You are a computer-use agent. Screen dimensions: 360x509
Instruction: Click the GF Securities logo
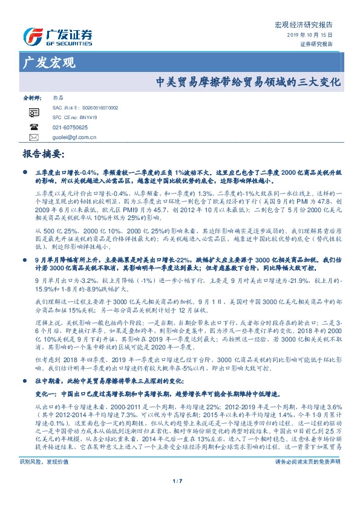57,36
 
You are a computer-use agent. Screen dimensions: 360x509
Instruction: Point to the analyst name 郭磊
59,97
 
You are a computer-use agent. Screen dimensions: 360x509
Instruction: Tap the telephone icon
33,128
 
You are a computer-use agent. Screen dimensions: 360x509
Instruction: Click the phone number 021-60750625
71,128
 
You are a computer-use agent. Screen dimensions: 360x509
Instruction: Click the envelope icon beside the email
33,137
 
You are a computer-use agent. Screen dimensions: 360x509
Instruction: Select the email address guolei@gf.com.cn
75,137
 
